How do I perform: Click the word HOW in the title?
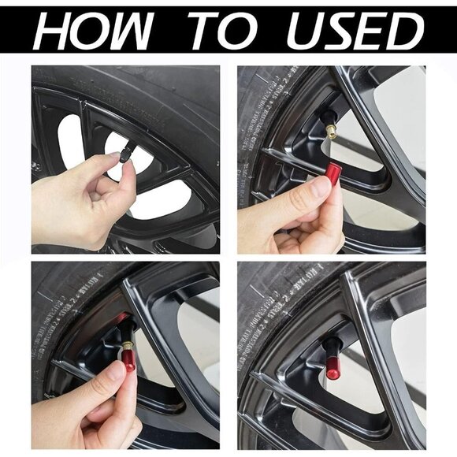tap(93, 32)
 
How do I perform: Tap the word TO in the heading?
tap(217, 32)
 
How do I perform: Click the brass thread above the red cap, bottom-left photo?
tap(127, 344)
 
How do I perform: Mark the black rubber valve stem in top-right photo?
tap(325, 120)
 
